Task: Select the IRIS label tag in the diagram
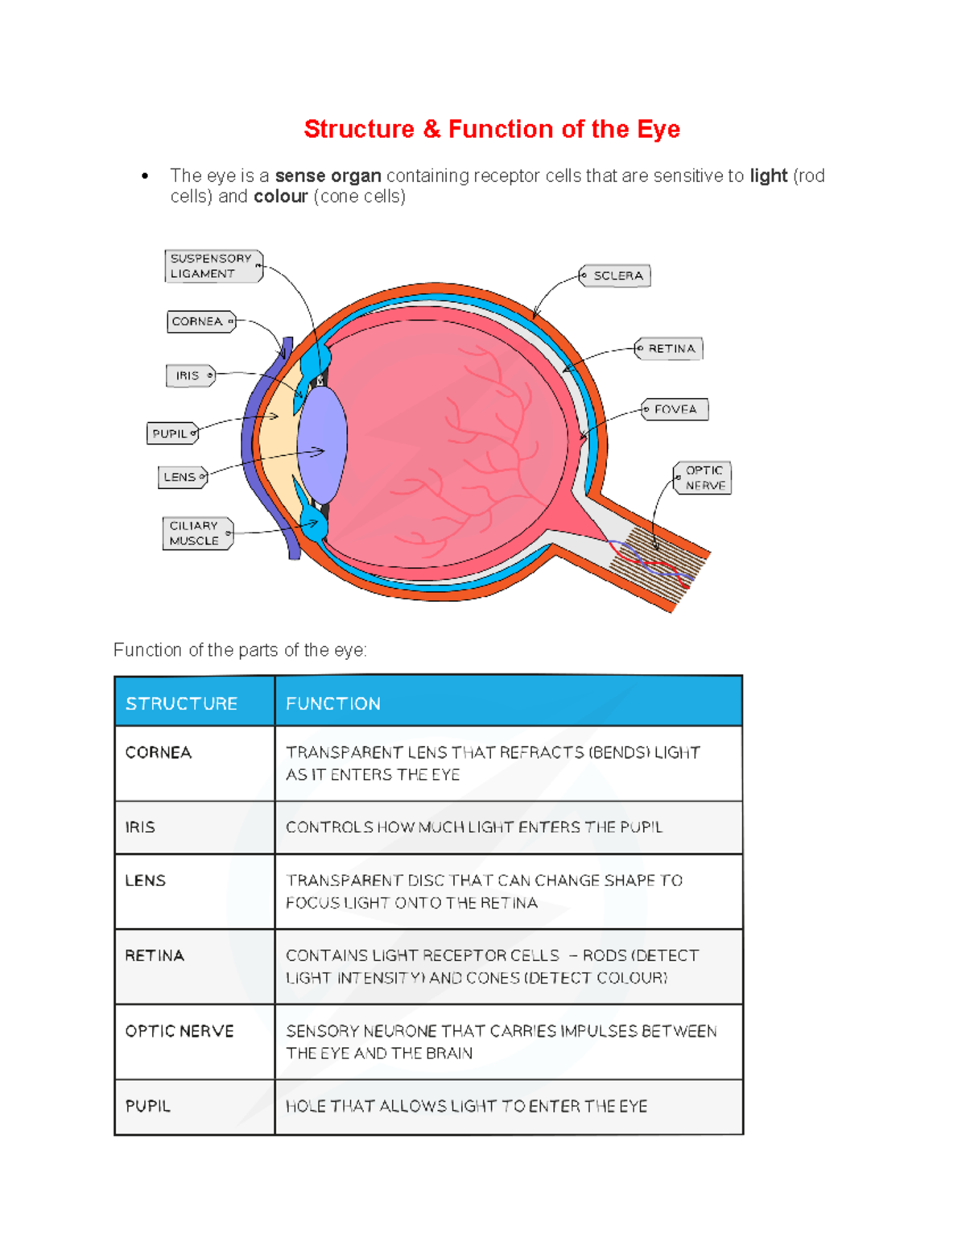190,375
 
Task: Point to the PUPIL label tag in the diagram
171,433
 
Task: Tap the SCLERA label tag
616,275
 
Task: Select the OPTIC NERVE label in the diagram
703,478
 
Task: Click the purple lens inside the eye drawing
322,445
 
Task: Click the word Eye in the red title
658,129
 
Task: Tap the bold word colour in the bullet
281,197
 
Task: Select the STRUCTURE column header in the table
181,703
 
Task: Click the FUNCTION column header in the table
333,703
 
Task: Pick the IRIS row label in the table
140,827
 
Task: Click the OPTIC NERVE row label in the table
180,1031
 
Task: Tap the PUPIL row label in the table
148,1106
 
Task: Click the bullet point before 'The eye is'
145,176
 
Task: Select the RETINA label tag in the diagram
669,349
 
